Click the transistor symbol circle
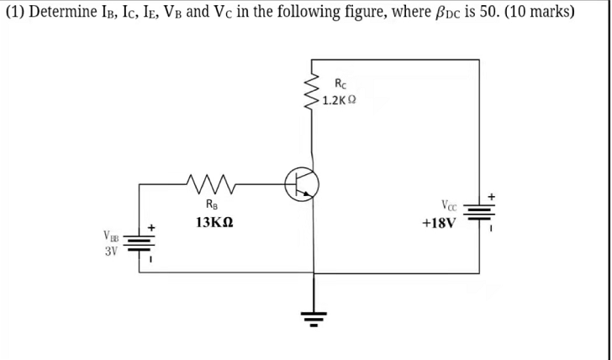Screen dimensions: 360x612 [x=302, y=183]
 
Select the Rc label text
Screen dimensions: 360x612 [x=339, y=83]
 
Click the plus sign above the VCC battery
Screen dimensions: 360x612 [x=491, y=196]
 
